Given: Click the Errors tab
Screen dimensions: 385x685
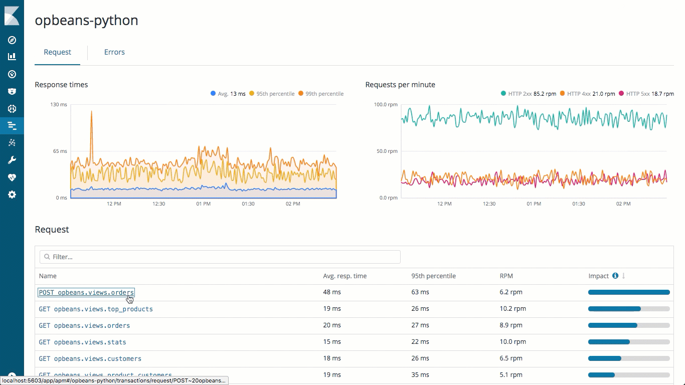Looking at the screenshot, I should (x=114, y=52).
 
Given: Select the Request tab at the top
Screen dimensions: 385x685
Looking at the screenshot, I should (x=57, y=52).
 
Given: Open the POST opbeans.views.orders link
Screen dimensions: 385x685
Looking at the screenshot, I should (x=86, y=292).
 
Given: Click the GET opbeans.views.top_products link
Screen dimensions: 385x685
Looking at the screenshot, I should (x=96, y=309).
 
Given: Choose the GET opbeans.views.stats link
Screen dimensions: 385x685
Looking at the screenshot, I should (x=82, y=342).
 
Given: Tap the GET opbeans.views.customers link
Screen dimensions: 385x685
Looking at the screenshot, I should (x=90, y=358).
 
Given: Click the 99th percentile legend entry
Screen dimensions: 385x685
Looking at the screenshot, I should (x=321, y=94).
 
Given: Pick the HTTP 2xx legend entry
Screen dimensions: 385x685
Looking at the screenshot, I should (x=528, y=94).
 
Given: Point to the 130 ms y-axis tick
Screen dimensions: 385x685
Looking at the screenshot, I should (x=59, y=105).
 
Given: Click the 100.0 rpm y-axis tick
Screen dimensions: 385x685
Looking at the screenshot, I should (x=386, y=105).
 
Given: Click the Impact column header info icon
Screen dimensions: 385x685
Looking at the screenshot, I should (x=615, y=276).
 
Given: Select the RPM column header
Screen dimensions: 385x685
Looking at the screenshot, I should (x=506, y=276).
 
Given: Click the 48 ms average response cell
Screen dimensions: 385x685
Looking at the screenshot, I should (x=332, y=292).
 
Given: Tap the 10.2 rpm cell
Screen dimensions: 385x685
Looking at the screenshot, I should (x=512, y=309).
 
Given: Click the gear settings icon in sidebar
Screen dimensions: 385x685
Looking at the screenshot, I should (x=12, y=195).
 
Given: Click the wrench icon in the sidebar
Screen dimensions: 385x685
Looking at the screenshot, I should (x=12, y=160).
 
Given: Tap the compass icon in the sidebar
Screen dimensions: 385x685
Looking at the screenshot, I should (x=12, y=40).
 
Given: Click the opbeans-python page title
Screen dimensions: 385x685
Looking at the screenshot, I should (x=86, y=21).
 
